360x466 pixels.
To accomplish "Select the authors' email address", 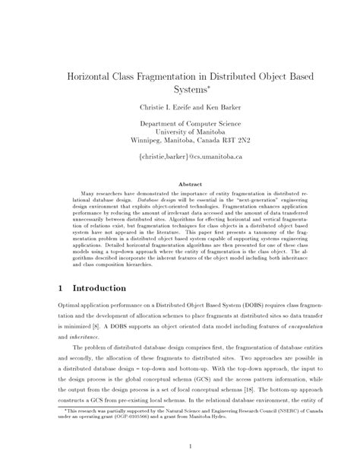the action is [x=179, y=157].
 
